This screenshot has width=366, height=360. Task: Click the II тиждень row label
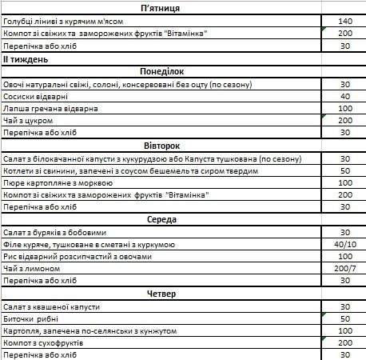pyautogui.click(x=26, y=58)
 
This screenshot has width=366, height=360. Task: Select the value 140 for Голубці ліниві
pyautogui.click(x=345, y=21)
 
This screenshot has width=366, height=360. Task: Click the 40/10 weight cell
pyautogui.click(x=345, y=245)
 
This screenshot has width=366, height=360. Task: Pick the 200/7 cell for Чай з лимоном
pyautogui.click(x=345, y=269)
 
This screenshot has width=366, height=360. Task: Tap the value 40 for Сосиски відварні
pyautogui.click(x=345, y=96)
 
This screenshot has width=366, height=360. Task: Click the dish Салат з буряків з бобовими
pyautogui.click(x=61, y=232)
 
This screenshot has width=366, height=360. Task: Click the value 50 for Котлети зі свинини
pyautogui.click(x=345, y=170)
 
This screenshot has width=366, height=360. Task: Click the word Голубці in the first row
pyautogui.click(x=20, y=21)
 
